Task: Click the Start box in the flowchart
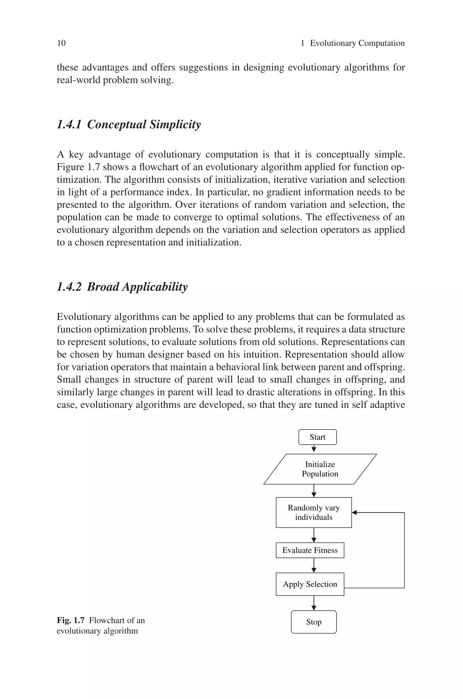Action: [317, 437]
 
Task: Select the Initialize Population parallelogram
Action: [320, 469]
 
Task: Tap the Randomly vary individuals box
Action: [314, 512]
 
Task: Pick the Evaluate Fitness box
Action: [310, 550]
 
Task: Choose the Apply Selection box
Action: [310, 584]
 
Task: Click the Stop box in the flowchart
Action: [314, 622]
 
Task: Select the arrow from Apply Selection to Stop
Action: [314, 603]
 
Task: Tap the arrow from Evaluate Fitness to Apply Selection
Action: [314, 565]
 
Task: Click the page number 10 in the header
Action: [61, 43]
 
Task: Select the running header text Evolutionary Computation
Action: [357, 43]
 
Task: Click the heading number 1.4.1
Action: [69, 125]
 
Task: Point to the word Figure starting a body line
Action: [70, 167]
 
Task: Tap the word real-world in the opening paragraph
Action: [78, 80]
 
